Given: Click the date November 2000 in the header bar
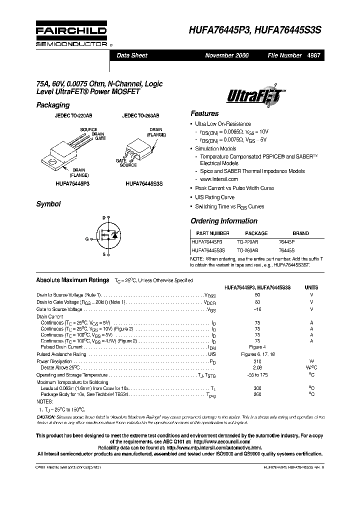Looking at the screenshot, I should [x=226, y=55].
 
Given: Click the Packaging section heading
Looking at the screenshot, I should [x=52, y=105].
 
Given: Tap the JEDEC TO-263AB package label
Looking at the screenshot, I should [x=140, y=115].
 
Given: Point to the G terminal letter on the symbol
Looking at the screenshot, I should [x=86, y=239].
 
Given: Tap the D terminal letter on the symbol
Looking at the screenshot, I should [x=104, y=218].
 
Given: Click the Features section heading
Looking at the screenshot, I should [x=204, y=113].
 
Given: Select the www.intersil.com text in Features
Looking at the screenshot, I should [x=219, y=179].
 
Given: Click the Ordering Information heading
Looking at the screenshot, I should [x=224, y=221].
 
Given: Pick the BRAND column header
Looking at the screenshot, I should [x=300, y=233].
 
